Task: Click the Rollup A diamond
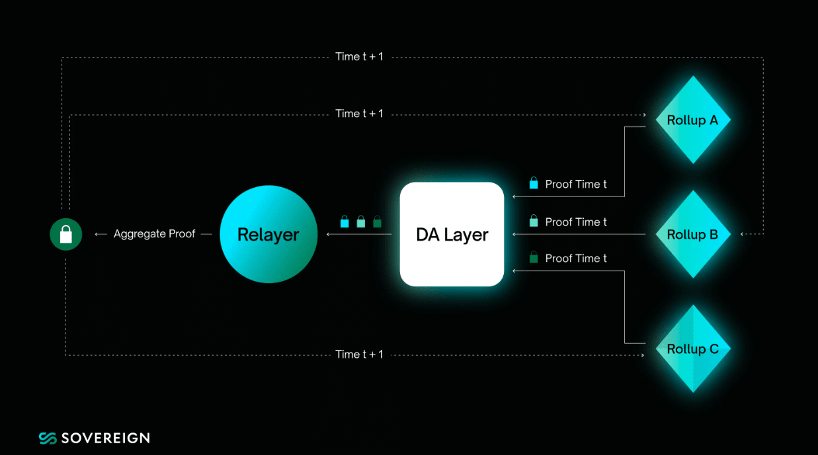[692, 120]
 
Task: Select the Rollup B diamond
[692, 234]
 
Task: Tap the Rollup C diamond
[692, 349]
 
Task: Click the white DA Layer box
[452, 234]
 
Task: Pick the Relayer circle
[268, 234]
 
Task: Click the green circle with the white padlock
[65, 234]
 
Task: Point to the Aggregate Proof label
[154, 234]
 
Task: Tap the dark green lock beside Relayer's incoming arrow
[377, 222]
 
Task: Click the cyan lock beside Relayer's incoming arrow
[345, 222]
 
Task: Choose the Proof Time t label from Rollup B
[575, 222]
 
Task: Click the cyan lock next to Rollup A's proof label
[534, 184]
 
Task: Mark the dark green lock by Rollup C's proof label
[534, 258]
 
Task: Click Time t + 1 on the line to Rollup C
[359, 354]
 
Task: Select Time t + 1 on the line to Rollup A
[359, 114]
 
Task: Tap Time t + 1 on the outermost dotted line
[359, 57]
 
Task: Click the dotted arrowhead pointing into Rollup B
[743, 234]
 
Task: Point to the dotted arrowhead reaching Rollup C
[643, 356]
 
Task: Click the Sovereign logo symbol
[48, 438]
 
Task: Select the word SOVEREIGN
[105, 438]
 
